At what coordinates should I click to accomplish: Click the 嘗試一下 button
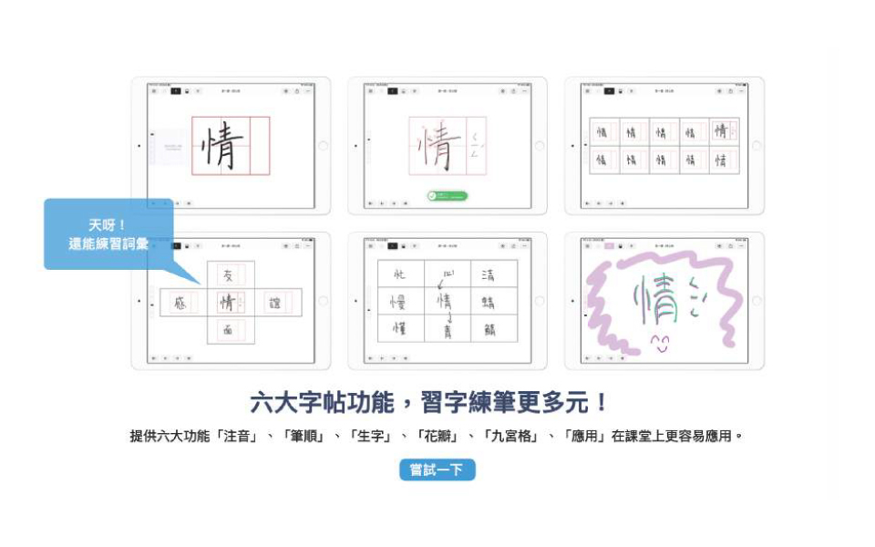[x=437, y=470]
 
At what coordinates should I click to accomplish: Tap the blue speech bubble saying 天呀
[x=108, y=234]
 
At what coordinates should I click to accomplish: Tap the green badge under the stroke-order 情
[x=447, y=196]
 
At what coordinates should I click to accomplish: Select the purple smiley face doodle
[x=660, y=344]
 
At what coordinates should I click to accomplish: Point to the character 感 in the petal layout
[x=180, y=304]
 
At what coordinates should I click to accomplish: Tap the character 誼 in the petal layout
[x=274, y=304]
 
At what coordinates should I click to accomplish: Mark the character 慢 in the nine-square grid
[x=399, y=301]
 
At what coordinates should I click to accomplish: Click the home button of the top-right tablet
[x=756, y=146]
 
